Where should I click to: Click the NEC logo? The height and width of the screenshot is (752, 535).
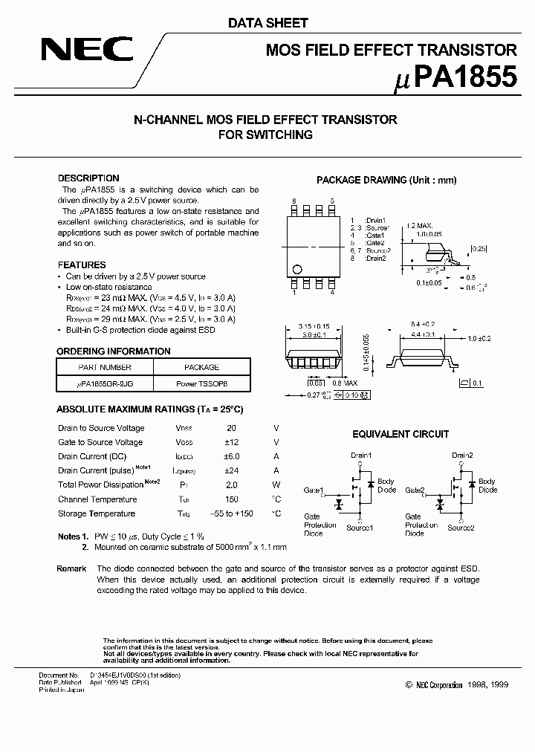pyautogui.click(x=87, y=50)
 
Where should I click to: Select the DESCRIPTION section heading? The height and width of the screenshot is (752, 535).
pyautogui.click(x=88, y=178)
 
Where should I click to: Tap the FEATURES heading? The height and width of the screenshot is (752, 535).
pyautogui.click(x=82, y=265)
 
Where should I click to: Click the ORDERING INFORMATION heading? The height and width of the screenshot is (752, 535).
pyautogui.click(x=114, y=351)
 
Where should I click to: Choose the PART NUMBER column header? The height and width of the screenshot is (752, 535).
pyautogui.click(x=105, y=367)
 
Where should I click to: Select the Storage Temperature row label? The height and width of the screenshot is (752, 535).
pyautogui.click(x=97, y=513)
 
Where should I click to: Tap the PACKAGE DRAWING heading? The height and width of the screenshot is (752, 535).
pyautogui.click(x=386, y=181)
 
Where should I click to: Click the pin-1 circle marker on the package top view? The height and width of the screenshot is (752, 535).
pyautogui.click(x=298, y=269)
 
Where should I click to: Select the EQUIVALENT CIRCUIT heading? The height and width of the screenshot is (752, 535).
pyautogui.click(x=400, y=434)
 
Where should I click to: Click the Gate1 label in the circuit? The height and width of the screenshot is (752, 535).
pyautogui.click(x=313, y=490)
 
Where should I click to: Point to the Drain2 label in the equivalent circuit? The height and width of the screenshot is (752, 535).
pyautogui.click(x=461, y=455)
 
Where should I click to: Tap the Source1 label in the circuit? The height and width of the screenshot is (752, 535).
pyautogui.click(x=360, y=528)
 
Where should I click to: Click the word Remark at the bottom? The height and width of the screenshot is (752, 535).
pyautogui.click(x=71, y=568)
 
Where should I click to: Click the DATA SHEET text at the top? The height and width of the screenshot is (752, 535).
pyautogui.click(x=267, y=23)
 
